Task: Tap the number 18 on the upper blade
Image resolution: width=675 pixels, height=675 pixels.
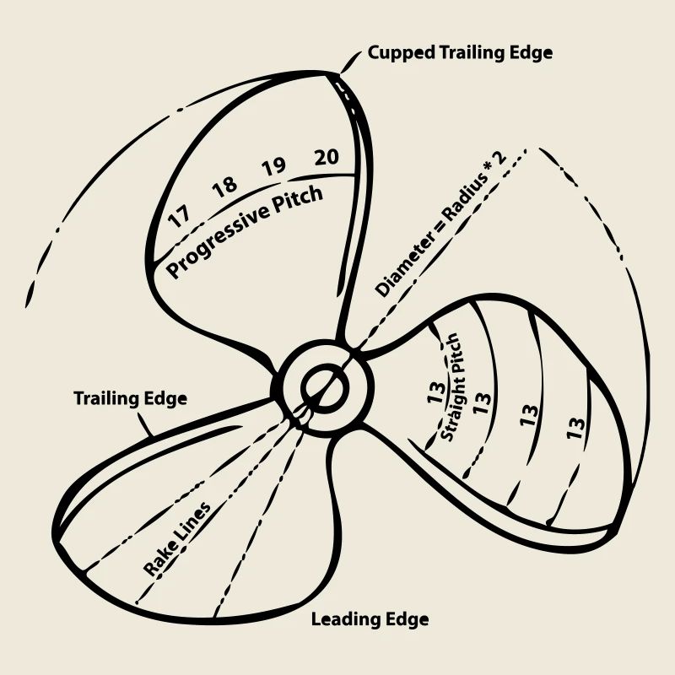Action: pos(224,186)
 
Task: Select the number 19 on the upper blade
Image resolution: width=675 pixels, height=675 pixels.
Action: pos(273,166)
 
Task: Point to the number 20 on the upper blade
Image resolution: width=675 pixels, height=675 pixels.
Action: pos(326,157)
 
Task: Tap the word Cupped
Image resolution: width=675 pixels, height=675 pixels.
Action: pos(400,53)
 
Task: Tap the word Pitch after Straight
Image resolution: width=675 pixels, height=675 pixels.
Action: pos(455,354)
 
